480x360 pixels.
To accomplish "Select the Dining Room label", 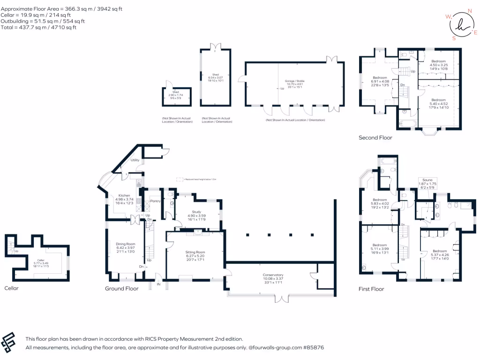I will [x=125, y=244].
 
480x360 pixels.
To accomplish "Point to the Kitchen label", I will [x=124, y=195].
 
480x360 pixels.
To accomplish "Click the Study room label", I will [x=196, y=211].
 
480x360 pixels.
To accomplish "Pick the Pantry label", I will [x=155, y=201].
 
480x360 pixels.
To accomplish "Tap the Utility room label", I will [x=135, y=160].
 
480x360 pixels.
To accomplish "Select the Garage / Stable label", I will [x=293, y=81].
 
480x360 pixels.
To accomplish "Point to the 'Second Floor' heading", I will [x=375, y=138].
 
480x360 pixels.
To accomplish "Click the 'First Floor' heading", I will [x=371, y=289].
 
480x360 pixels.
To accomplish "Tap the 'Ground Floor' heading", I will [x=121, y=289].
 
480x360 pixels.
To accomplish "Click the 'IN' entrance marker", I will [x=158, y=284].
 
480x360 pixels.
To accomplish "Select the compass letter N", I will [x=470, y=10].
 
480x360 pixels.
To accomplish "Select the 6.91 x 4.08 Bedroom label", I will [x=380, y=81].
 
